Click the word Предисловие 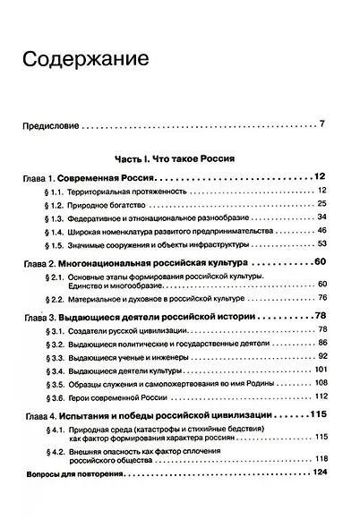click(51, 124)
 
